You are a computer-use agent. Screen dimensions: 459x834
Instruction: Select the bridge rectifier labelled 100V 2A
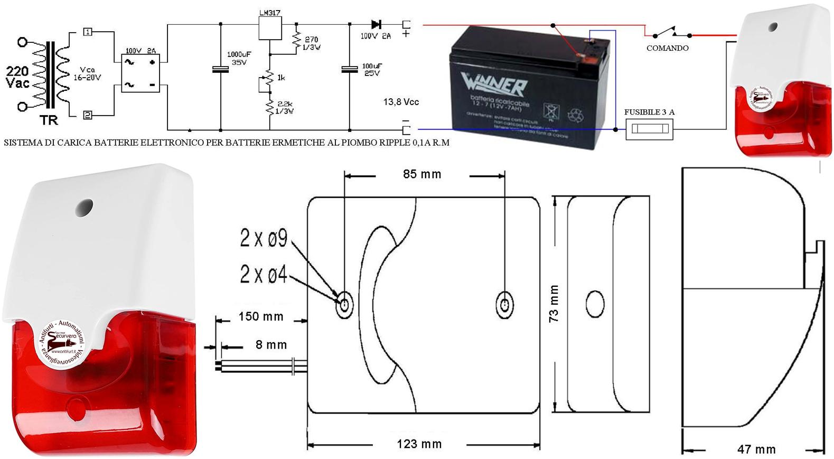(x=140, y=73)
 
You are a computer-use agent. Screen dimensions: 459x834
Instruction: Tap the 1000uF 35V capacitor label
(x=237, y=58)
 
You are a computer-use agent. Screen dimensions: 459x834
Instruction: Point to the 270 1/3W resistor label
(x=312, y=43)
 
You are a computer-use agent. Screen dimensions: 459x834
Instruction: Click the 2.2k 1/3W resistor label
(x=285, y=107)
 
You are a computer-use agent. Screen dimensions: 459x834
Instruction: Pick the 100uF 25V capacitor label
(x=372, y=70)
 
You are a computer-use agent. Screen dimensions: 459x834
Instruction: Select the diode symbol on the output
(x=376, y=24)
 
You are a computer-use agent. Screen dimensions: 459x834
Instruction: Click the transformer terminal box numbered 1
(x=88, y=32)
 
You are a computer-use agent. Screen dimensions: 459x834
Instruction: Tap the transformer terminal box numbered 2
(x=88, y=115)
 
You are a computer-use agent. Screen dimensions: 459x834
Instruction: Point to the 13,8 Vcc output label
(x=401, y=102)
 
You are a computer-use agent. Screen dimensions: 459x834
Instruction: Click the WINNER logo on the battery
(x=493, y=85)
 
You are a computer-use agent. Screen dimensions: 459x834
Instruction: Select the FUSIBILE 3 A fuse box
(x=649, y=129)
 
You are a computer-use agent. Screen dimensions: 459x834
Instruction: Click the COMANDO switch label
(x=667, y=48)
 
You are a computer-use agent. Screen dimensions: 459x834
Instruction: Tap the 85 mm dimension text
(x=421, y=174)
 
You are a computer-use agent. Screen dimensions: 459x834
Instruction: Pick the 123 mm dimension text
(x=419, y=444)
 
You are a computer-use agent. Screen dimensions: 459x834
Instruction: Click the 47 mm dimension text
(x=756, y=449)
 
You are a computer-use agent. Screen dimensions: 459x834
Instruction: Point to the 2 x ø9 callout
(x=264, y=239)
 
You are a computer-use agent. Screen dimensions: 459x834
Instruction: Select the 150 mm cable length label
(x=261, y=316)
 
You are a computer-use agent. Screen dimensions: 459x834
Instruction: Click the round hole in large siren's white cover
(x=84, y=209)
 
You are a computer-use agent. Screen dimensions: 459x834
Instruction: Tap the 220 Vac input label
(x=17, y=77)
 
